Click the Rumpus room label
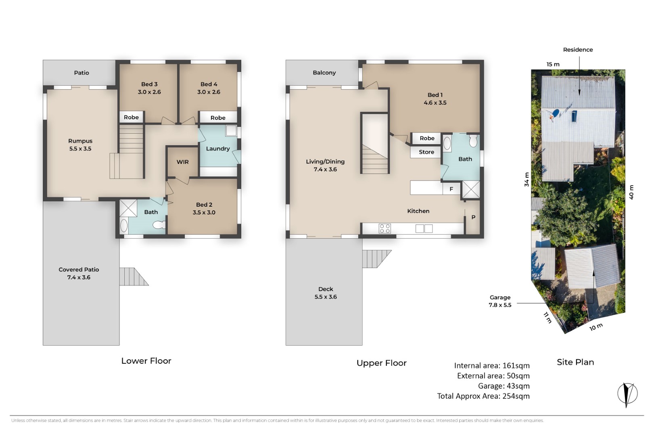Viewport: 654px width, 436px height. pos(80,141)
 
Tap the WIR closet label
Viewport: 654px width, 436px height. pos(182,162)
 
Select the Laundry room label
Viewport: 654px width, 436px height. pos(218,149)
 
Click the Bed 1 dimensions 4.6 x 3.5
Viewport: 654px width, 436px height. pos(435,103)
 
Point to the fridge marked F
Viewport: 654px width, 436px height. pos(451,189)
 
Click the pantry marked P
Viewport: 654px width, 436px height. pos(473,217)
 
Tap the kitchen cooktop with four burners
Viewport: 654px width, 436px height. pos(384,228)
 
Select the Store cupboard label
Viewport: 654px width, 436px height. pos(426,152)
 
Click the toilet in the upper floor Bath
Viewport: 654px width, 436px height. pos(473,141)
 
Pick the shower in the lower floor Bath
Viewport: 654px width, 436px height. pos(128,208)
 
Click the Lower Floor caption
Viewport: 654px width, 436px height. pos(146,361)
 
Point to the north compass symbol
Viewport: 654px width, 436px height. pos(627,394)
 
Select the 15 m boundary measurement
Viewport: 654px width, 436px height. pos(553,64)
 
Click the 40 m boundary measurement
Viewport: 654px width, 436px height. pos(631,192)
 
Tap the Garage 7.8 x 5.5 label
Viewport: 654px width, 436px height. pos(500,301)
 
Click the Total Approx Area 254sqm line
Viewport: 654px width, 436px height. pos(483,396)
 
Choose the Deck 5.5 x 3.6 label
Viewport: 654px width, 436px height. pos(326,293)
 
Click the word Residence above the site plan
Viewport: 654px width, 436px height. pos(578,50)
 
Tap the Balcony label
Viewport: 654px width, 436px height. pos(324,73)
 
